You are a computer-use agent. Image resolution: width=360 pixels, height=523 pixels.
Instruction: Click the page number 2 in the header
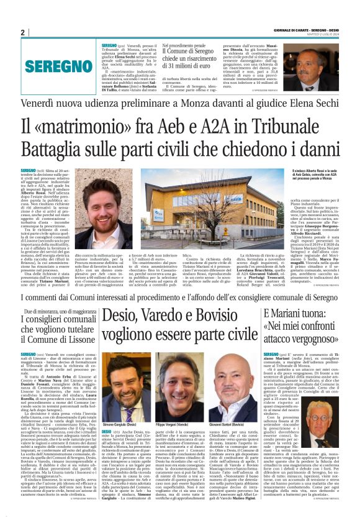(22, 32)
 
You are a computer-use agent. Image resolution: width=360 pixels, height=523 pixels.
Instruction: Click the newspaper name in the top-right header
(308, 30)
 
